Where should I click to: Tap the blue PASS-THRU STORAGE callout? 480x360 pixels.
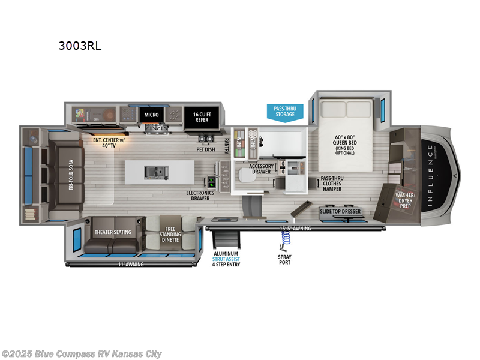tap(285, 112)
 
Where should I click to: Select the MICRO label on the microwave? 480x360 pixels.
tap(150, 113)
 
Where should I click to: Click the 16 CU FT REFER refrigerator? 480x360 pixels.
tap(201, 116)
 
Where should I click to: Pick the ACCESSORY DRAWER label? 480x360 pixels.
tap(262, 169)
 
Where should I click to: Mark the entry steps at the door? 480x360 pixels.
tap(225, 240)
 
